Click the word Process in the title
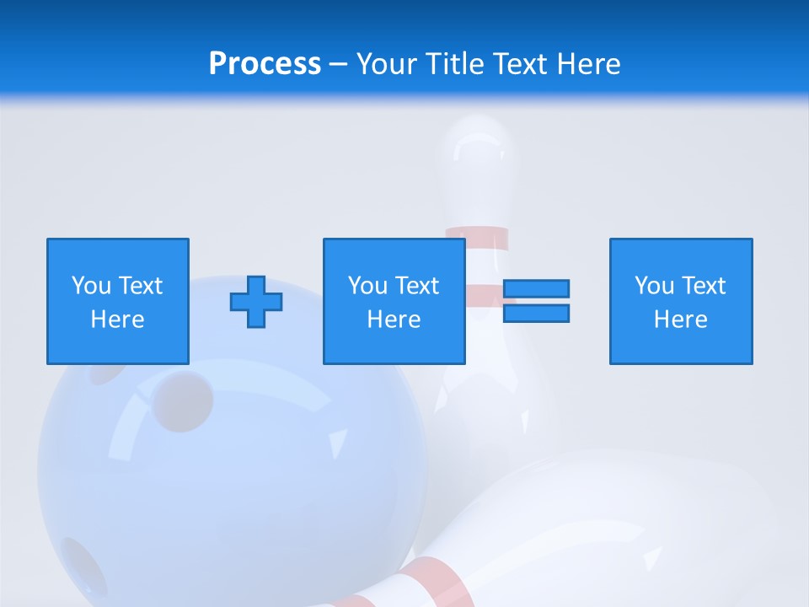[265, 64]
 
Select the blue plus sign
[256, 302]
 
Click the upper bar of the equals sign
[536, 289]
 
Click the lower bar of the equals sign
[536, 314]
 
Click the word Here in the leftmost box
[118, 320]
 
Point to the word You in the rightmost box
[654, 286]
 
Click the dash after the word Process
[339, 64]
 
